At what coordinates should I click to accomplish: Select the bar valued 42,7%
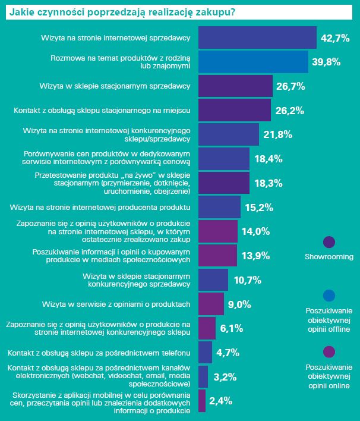(x=257, y=37)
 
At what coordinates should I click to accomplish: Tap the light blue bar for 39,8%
(x=252, y=62)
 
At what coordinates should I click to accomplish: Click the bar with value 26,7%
(x=235, y=86)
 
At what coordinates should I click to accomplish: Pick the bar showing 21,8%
(x=228, y=134)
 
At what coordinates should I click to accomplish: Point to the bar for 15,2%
(x=219, y=207)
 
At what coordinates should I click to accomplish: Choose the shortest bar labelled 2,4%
(x=201, y=401)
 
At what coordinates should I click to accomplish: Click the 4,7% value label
(x=228, y=353)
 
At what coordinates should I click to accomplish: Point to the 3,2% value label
(x=225, y=377)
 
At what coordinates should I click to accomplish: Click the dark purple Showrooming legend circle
(x=329, y=242)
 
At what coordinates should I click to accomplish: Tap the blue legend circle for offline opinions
(x=329, y=296)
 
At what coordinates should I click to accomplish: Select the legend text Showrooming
(x=329, y=257)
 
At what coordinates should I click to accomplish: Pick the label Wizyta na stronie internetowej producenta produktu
(x=100, y=208)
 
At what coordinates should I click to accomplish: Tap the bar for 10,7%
(x=213, y=279)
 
